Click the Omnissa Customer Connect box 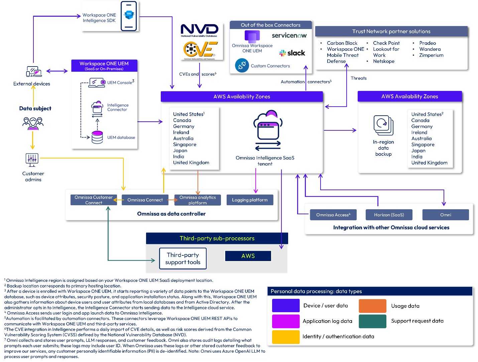click(94, 200)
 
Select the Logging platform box click(250, 200)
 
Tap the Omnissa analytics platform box click(198, 200)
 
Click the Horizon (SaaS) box click(389, 215)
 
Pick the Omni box click(446, 215)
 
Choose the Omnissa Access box click(333, 215)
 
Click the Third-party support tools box click(183, 258)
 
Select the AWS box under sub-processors click(248, 256)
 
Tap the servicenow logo click(289, 35)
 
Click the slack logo click(292, 53)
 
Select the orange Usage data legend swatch click(372, 306)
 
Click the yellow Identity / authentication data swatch click(286, 337)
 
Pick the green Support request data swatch click(372, 321)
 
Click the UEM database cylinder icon click(97, 137)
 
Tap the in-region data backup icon click(383, 125)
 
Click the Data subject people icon click(33, 123)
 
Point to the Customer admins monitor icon click(32, 159)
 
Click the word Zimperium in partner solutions click(431, 55)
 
